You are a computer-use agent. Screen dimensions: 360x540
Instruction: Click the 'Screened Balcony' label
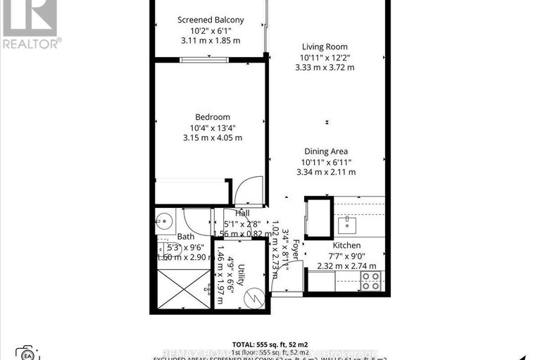coord(211,20)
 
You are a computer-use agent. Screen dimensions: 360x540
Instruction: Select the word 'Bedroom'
coord(213,117)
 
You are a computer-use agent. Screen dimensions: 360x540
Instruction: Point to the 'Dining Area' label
coord(326,151)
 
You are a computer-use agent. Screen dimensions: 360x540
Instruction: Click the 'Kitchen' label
coord(346,244)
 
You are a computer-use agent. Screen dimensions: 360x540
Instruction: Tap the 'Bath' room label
coord(186,237)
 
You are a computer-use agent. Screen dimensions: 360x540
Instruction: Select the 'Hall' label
coord(242,213)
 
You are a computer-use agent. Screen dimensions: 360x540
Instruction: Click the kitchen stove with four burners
coord(371,280)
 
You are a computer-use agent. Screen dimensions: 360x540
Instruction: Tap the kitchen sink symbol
coord(348,225)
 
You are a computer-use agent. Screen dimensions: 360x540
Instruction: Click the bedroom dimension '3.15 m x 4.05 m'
coord(213,138)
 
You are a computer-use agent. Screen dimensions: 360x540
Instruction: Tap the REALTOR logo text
coord(31,43)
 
